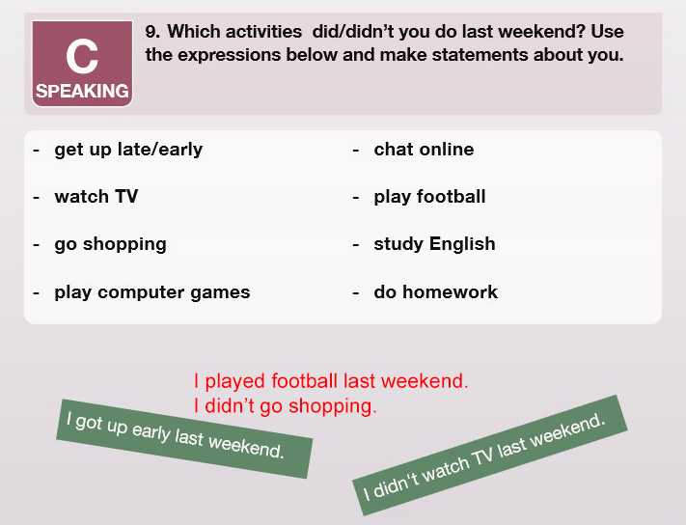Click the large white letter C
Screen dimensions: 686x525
point(82,56)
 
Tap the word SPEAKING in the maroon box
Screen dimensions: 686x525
point(82,91)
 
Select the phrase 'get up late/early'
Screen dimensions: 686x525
point(128,150)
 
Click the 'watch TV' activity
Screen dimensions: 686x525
point(96,197)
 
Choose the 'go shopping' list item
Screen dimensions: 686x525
point(110,244)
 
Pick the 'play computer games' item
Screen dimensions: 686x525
point(152,292)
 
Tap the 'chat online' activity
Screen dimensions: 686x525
point(424,150)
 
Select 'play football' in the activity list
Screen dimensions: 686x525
point(429,197)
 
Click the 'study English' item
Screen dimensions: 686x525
point(434,244)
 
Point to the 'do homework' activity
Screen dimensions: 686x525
point(436,291)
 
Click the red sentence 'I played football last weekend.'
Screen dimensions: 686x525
point(331,381)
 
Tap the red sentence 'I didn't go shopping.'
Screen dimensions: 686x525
point(285,406)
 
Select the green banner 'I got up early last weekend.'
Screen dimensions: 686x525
point(184,438)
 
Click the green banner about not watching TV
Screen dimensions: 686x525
point(490,456)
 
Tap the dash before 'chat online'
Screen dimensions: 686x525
point(356,150)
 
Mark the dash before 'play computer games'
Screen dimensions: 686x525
point(37,292)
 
